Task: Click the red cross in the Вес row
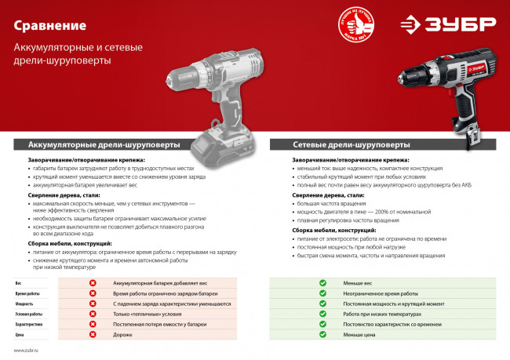(x=93, y=282)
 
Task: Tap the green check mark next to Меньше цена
(x=322, y=334)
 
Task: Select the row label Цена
(x=20, y=334)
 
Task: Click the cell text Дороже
(x=124, y=334)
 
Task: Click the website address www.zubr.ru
(x=26, y=351)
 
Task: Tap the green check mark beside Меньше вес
(x=322, y=282)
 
